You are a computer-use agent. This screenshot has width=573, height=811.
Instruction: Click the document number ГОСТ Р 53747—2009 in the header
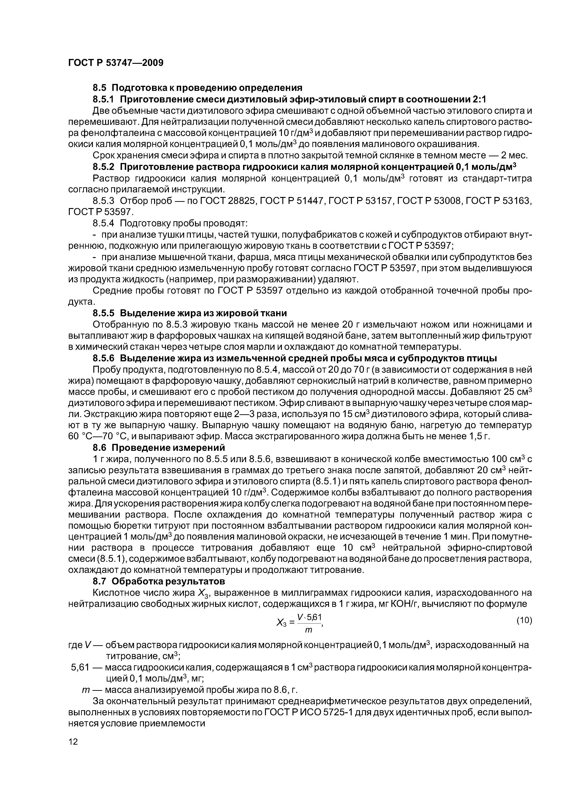coord(116,63)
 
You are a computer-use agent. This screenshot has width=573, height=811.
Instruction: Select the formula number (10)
coord(524,621)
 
